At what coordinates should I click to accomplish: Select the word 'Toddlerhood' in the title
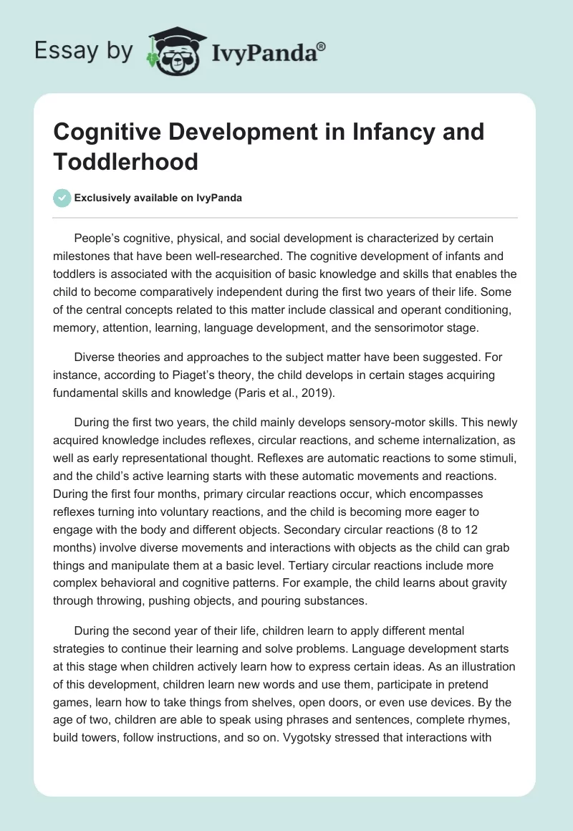(125, 161)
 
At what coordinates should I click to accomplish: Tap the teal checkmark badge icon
(62, 198)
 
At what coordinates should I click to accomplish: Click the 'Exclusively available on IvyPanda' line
(159, 198)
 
